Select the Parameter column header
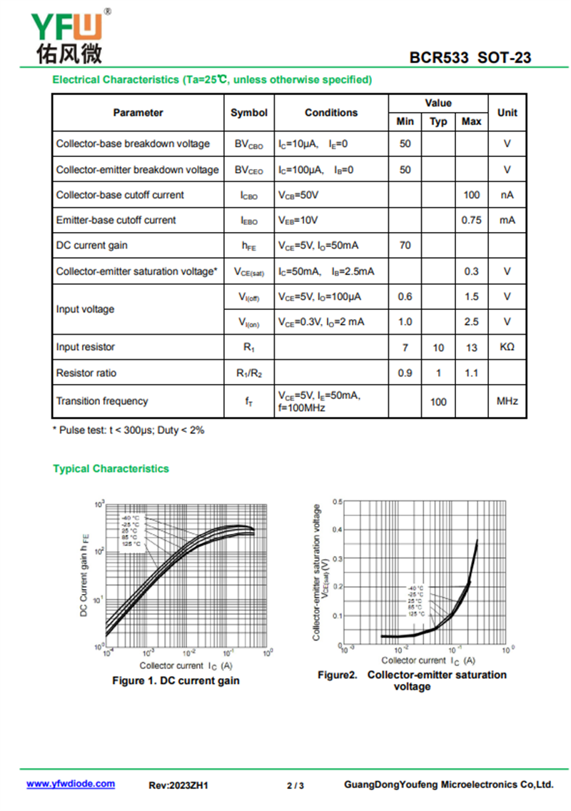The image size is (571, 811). pos(138,112)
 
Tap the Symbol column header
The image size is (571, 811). pos(249,112)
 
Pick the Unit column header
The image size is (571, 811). pos(507,112)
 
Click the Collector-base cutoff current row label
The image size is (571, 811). pos(120,195)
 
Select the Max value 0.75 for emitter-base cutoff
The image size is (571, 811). pos(471,220)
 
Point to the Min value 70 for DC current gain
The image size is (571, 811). pos(405,246)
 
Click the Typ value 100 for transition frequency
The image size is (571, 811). pos(438,402)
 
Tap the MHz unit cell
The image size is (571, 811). pos(507,402)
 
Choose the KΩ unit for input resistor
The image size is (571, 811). pos(507,348)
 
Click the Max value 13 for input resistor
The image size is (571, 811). pos(471,348)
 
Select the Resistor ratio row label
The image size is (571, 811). pos(86,373)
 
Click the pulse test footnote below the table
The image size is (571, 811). pos(128,430)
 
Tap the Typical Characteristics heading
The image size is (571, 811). pos(111,469)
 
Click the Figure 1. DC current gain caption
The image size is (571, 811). pos(176,680)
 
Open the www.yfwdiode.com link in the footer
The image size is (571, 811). pos(71,784)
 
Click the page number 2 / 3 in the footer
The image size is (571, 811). pos(295,785)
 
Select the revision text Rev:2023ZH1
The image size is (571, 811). pos(178,785)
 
